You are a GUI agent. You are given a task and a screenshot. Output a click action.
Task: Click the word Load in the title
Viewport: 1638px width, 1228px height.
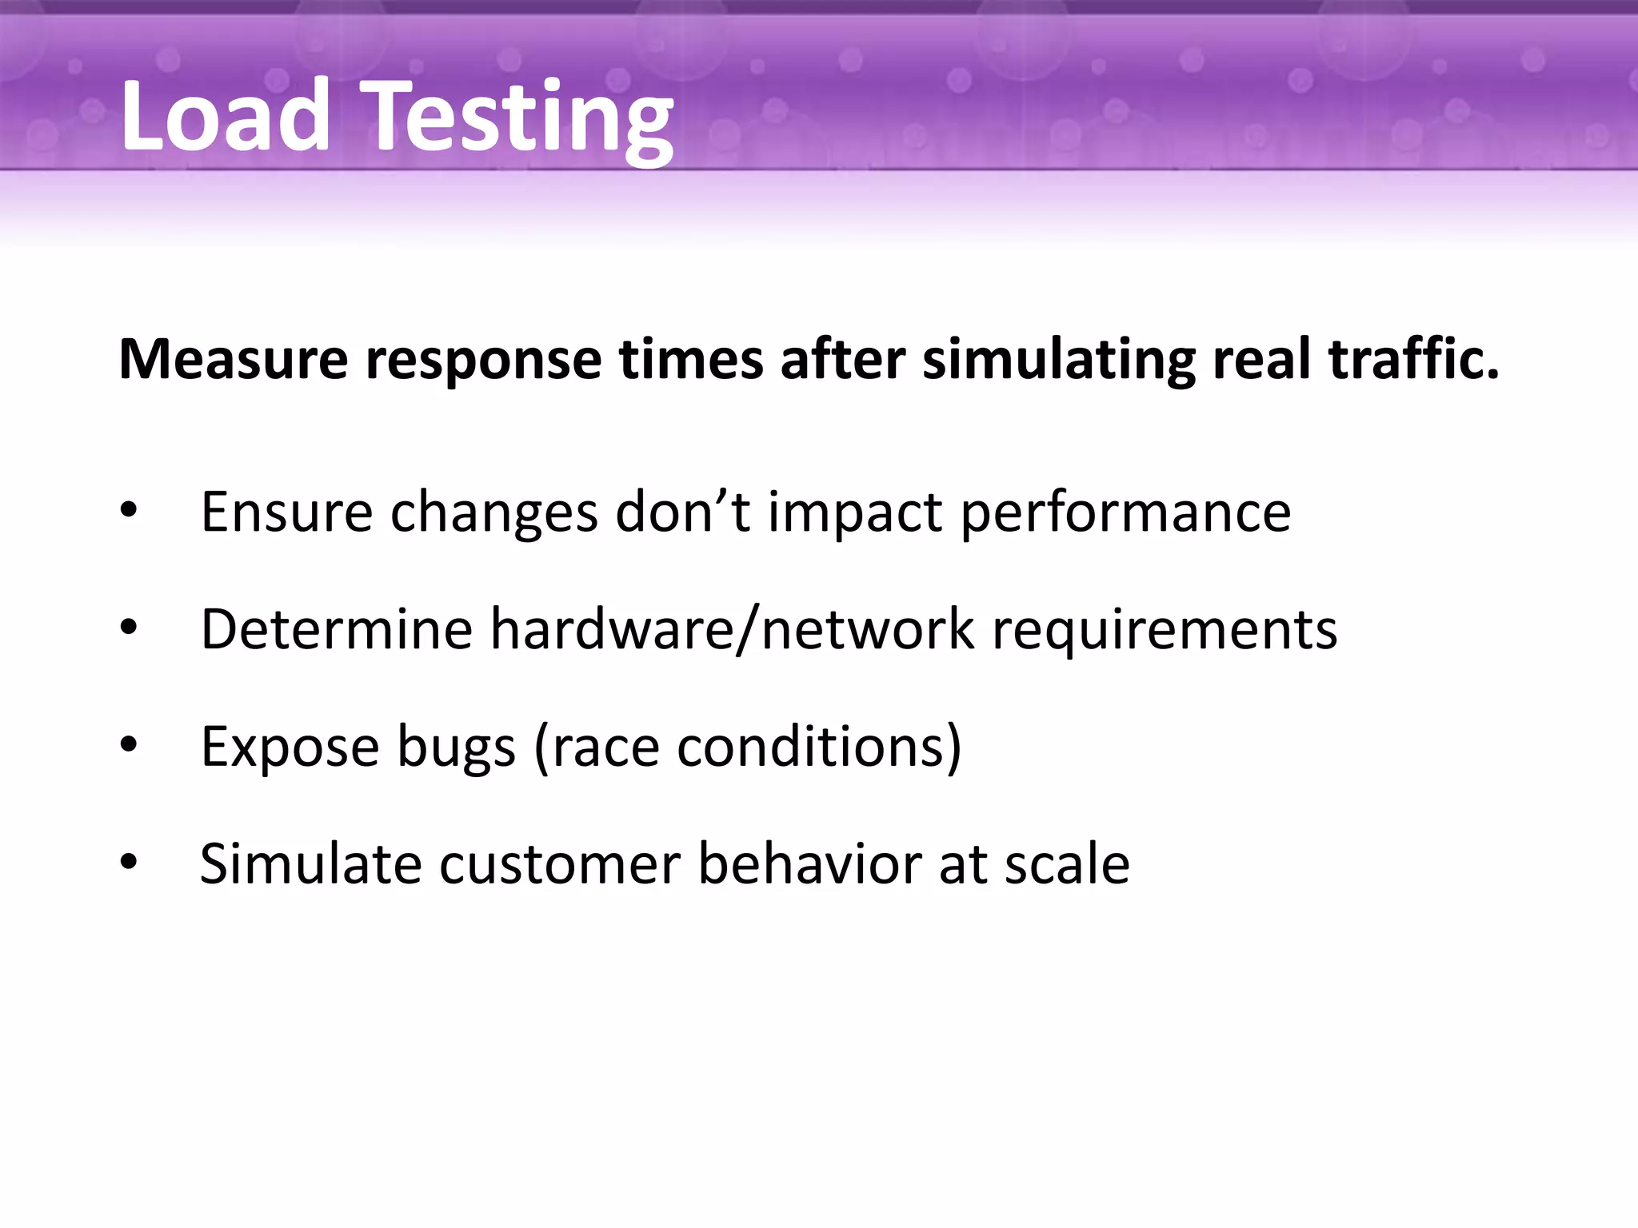pyautogui.click(x=226, y=117)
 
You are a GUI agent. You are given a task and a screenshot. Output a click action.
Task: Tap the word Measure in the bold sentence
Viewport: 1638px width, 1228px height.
pyautogui.click(x=233, y=360)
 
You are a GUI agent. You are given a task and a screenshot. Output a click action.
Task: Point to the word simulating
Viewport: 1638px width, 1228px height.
pyautogui.click(x=1058, y=360)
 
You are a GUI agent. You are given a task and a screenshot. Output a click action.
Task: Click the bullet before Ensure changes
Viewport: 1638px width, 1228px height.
pyautogui.click(x=129, y=510)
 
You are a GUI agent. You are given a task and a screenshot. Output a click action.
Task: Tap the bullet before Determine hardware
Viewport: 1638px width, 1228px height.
pyautogui.click(x=129, y=628)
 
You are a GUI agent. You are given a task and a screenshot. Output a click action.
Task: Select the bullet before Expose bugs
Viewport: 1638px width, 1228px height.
pyautogui.click(x=129, y=745)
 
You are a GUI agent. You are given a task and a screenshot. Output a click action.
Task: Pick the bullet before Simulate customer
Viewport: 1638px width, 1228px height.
pyautogui.click(x=129, y=863)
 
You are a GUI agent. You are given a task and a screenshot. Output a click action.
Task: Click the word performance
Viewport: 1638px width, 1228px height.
pyautogui.click(x=1125, y=513)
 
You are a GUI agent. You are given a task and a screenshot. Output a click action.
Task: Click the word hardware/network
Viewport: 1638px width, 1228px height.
pyautogui.click(x=732, y=629)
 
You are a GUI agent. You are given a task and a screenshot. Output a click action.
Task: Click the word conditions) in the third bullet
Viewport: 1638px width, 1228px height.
pyautogui.click(x=819, y=747)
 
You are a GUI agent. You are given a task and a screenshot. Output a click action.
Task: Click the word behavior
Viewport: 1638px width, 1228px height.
pyautogui.click(x=809, y=863)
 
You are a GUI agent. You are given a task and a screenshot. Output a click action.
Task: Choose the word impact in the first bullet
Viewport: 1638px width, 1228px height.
pyautogui.click(x=854, y=513)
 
